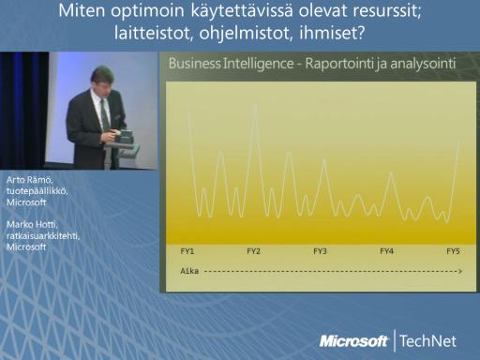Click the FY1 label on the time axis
(x=187, y=251)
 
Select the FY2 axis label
(x=253, y=251)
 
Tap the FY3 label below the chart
(x=320, y=251)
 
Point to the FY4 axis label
(x=386, y=251)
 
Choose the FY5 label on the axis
(x=453, y=251)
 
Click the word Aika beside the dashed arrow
(x=189, y=271)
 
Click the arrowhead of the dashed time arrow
(x=460, y=271)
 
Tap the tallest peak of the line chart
(x=255, y=106)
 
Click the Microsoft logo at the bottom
(x=353, y=341)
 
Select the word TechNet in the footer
(x=427, y=340)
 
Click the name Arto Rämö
(x=29, y=180)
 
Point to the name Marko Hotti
(x=32, y=224)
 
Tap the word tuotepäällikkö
(x=37, y=191)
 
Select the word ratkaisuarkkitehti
(x=43, y=235)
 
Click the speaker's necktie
(x=105, y=114)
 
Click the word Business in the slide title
(x=194, y=64)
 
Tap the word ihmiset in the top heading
(x=332, y=32)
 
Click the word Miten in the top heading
(x=82, y=10)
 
